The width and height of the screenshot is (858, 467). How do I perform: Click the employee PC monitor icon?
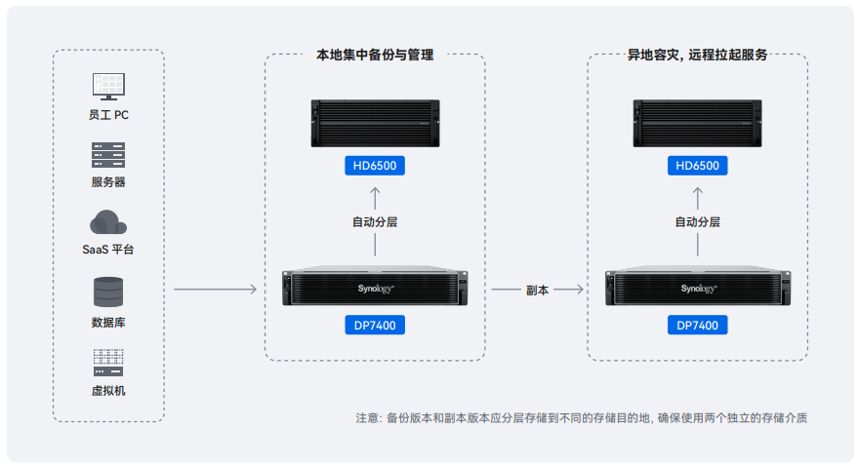click(108, 86)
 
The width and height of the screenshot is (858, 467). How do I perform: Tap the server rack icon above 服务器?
click(108, 154)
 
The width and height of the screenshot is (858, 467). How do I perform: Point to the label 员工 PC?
click(108, 115)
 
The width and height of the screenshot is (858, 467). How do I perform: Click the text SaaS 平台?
click(108, 250)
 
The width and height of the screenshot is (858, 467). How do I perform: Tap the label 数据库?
click(108, 322)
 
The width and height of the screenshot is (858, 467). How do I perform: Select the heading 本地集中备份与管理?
click(375, 56)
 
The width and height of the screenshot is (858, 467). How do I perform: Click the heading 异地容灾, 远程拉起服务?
click(697, 56)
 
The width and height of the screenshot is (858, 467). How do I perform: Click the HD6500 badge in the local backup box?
click(375, 166)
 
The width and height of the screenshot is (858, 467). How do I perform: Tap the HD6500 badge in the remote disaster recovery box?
click(697, 166)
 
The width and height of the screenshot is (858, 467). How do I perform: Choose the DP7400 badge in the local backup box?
click(375, 325)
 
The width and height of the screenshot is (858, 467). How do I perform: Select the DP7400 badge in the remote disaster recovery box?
click(697, 325)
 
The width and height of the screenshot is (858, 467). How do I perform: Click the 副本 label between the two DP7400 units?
click(537, 290)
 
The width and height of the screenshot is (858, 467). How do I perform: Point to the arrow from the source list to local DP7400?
click(215, 290)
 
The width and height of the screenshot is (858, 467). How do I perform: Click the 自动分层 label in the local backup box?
click(375, 222)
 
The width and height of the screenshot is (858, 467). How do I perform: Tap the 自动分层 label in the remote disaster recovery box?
click(697, 222)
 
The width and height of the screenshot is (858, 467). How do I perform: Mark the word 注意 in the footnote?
click(368, 418)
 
